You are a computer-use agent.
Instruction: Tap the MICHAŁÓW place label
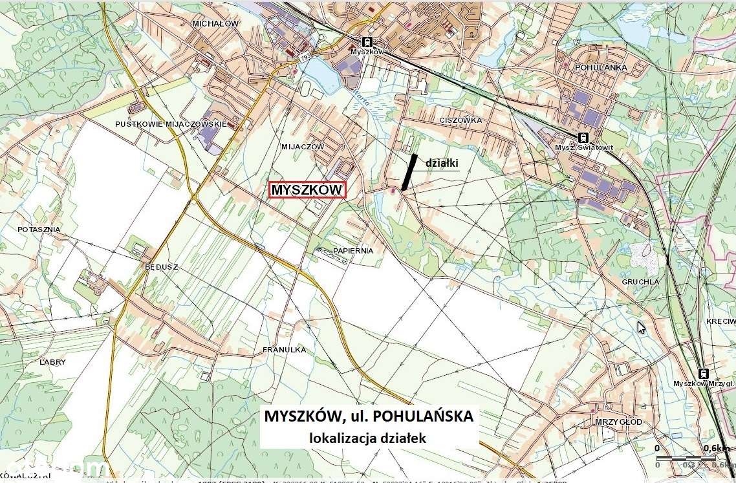[215, 23]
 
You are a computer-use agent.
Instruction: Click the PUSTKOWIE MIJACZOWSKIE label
[171, 123]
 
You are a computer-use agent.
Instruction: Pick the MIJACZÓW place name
[303, 147]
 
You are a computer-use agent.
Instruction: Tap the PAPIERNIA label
[354, 250]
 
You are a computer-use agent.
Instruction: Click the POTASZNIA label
[39, 230]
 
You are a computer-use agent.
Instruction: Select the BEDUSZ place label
[162, 266]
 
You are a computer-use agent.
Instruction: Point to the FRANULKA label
[284, 350]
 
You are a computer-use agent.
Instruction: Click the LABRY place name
[53, 362]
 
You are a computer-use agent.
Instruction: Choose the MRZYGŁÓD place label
[618, 422]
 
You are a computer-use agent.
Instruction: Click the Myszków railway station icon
[367, 41]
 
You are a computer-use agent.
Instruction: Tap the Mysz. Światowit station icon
[583, 137]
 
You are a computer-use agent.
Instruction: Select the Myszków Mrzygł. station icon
[703, 373]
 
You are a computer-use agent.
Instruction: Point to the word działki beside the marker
[442, 163]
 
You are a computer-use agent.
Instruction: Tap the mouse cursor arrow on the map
[641, 327]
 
